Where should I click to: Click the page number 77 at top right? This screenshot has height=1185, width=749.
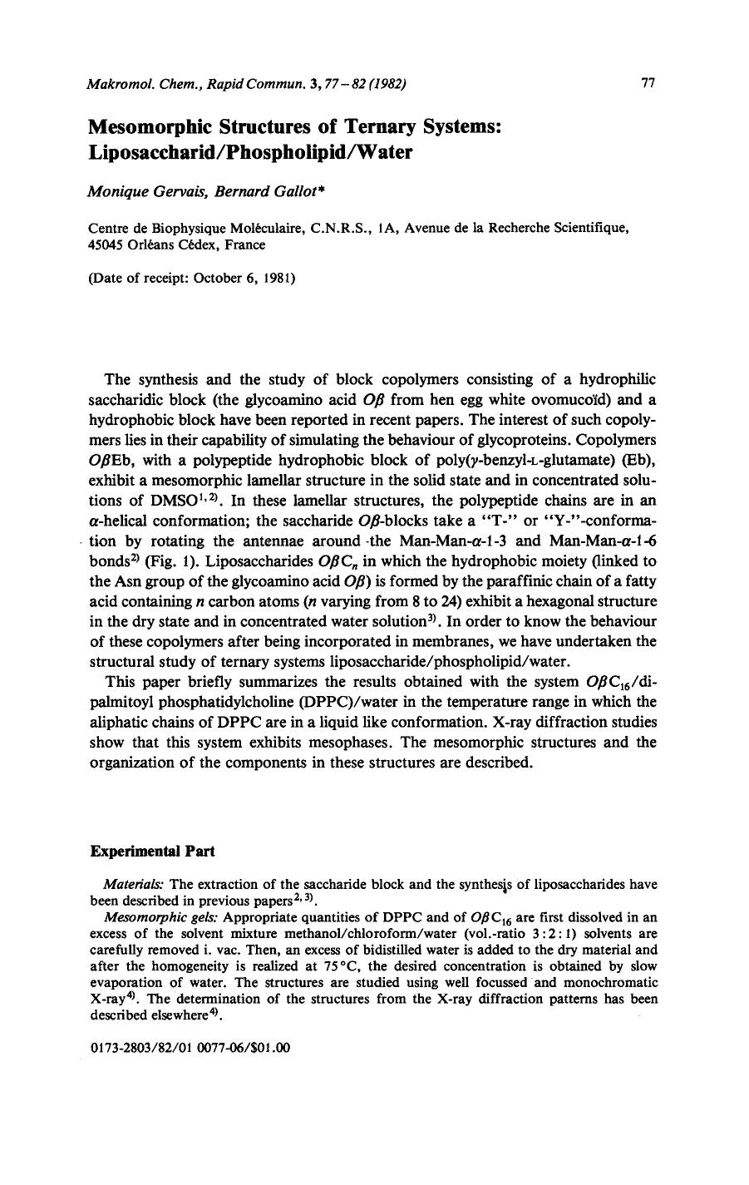(648, 82)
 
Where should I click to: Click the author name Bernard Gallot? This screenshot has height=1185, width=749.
(236, 191)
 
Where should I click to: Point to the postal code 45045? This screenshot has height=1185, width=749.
(106, 244)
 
